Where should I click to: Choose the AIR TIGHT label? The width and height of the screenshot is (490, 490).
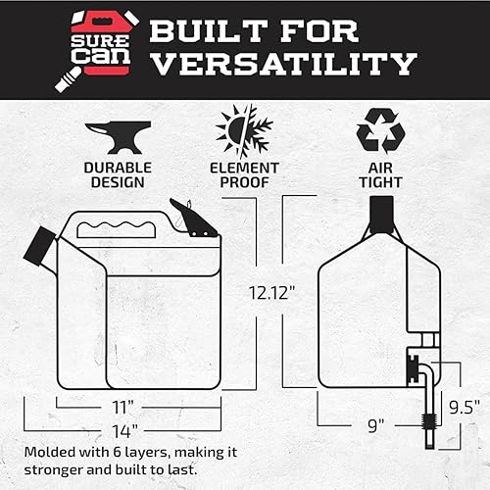click(375, 173)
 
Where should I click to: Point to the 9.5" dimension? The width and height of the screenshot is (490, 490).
click(463, 404)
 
